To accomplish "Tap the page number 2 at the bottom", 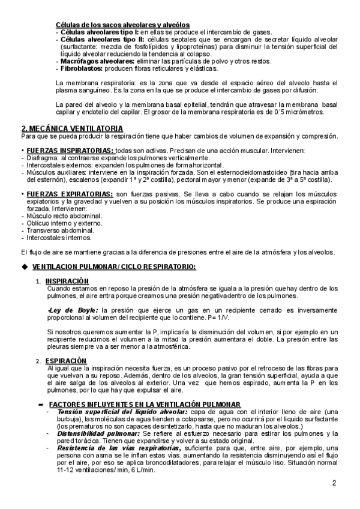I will click(x=334, y=483).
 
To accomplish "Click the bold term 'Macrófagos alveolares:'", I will click(x=87, y=61).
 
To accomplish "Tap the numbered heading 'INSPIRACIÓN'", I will click(x=67, y=281).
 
